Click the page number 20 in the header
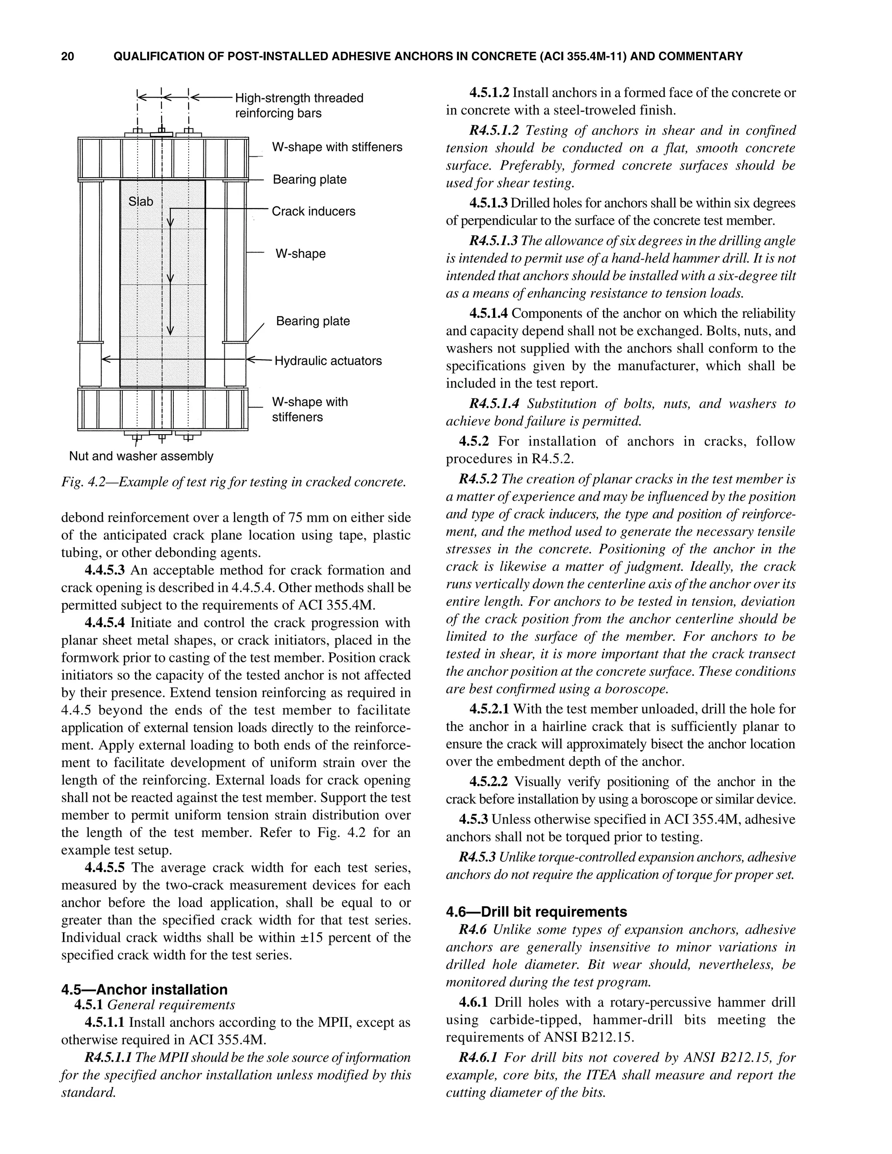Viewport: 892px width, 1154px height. [x=68, y=56]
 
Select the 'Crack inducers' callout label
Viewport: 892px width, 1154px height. [x=313, y=211]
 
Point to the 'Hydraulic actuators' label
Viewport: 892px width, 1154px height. [x=328, y=361]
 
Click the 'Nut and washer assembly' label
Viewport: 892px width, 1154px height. [x=141, y=456]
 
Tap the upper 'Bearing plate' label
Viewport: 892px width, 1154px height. [x=309, y=180]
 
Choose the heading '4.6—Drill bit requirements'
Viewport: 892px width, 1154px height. [x=536, y=911]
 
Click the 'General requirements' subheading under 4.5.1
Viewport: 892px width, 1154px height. [x=171, y=1005]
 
